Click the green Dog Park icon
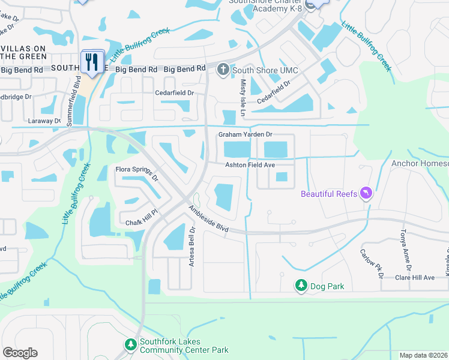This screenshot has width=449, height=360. (x=301, y=286)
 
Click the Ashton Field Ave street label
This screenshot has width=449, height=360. (x=250, y=164)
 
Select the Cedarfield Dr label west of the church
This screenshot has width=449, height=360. (x=175, y=93)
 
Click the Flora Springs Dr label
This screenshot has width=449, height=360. (x=137, y=174)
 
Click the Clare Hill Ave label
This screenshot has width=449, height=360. (x=414, y=278)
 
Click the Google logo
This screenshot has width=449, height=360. (x=20, y=353)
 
